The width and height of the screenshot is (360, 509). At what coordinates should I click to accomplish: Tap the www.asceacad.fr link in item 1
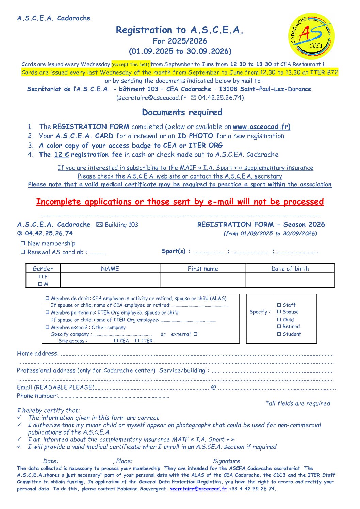[261, 127]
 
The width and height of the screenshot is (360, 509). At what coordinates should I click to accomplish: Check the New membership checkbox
[23, 243]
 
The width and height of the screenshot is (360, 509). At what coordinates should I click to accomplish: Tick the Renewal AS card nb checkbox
[23, 252]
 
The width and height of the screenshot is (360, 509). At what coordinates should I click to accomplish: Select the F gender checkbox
[41, 277]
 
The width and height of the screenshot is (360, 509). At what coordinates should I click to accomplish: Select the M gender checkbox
[40, 284]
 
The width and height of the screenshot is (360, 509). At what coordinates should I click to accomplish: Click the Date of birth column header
[290, 269]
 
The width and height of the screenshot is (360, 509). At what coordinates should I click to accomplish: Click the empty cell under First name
[203, 280]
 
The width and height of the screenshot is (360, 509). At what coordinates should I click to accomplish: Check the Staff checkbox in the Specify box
[279, 305]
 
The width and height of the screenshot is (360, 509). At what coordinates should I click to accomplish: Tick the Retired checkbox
[279, 326]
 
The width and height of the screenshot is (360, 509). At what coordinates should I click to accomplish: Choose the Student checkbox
[279, 334]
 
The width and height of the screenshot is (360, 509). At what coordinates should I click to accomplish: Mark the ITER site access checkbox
[137, 341]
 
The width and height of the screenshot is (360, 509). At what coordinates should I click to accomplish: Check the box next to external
[195, 334]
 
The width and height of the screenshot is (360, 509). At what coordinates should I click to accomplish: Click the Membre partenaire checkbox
[48, 312]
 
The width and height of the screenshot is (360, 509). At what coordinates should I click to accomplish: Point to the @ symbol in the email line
[214, 387]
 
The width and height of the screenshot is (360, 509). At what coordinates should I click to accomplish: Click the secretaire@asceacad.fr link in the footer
[198, 489]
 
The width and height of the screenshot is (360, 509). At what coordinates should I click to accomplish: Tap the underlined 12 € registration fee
[62, 155]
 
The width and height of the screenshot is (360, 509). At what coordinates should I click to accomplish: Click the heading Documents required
[182, 112]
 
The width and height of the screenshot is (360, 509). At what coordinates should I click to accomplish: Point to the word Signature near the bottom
[226, 461]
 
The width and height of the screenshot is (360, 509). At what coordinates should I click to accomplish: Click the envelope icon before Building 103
[99, 225]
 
